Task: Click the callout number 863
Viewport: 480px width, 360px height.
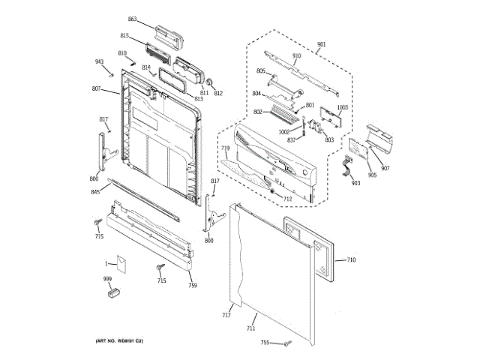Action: [132, 19]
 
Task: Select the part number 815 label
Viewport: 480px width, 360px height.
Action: [124, 36]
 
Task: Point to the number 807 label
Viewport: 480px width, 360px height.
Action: [96, 89]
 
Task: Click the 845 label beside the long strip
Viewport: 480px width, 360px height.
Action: [95, 193]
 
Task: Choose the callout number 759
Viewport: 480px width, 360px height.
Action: [192, 286]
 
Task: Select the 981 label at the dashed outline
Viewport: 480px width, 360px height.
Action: [322, 45]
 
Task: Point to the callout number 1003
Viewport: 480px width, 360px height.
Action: [343, 107]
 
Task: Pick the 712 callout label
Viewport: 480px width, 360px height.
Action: [286, 199]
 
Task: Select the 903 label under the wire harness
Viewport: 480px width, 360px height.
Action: [355, 183]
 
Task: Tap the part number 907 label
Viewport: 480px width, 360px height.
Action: [385, 167]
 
